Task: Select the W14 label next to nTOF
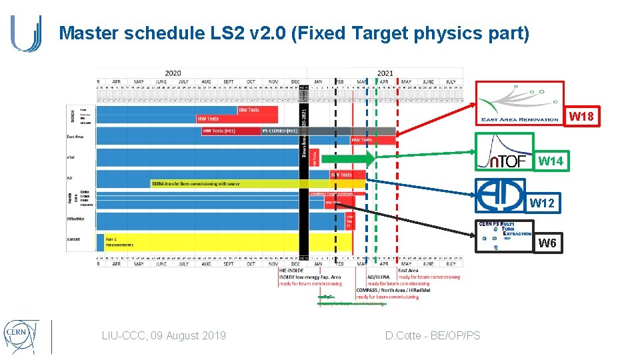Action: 551,161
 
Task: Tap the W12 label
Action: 541,203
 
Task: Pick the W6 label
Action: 547,243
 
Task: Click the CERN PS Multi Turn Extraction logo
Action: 505,235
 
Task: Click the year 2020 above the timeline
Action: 173,73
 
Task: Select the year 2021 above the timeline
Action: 385,73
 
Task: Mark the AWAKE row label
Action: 74,239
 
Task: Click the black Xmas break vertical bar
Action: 304,167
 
